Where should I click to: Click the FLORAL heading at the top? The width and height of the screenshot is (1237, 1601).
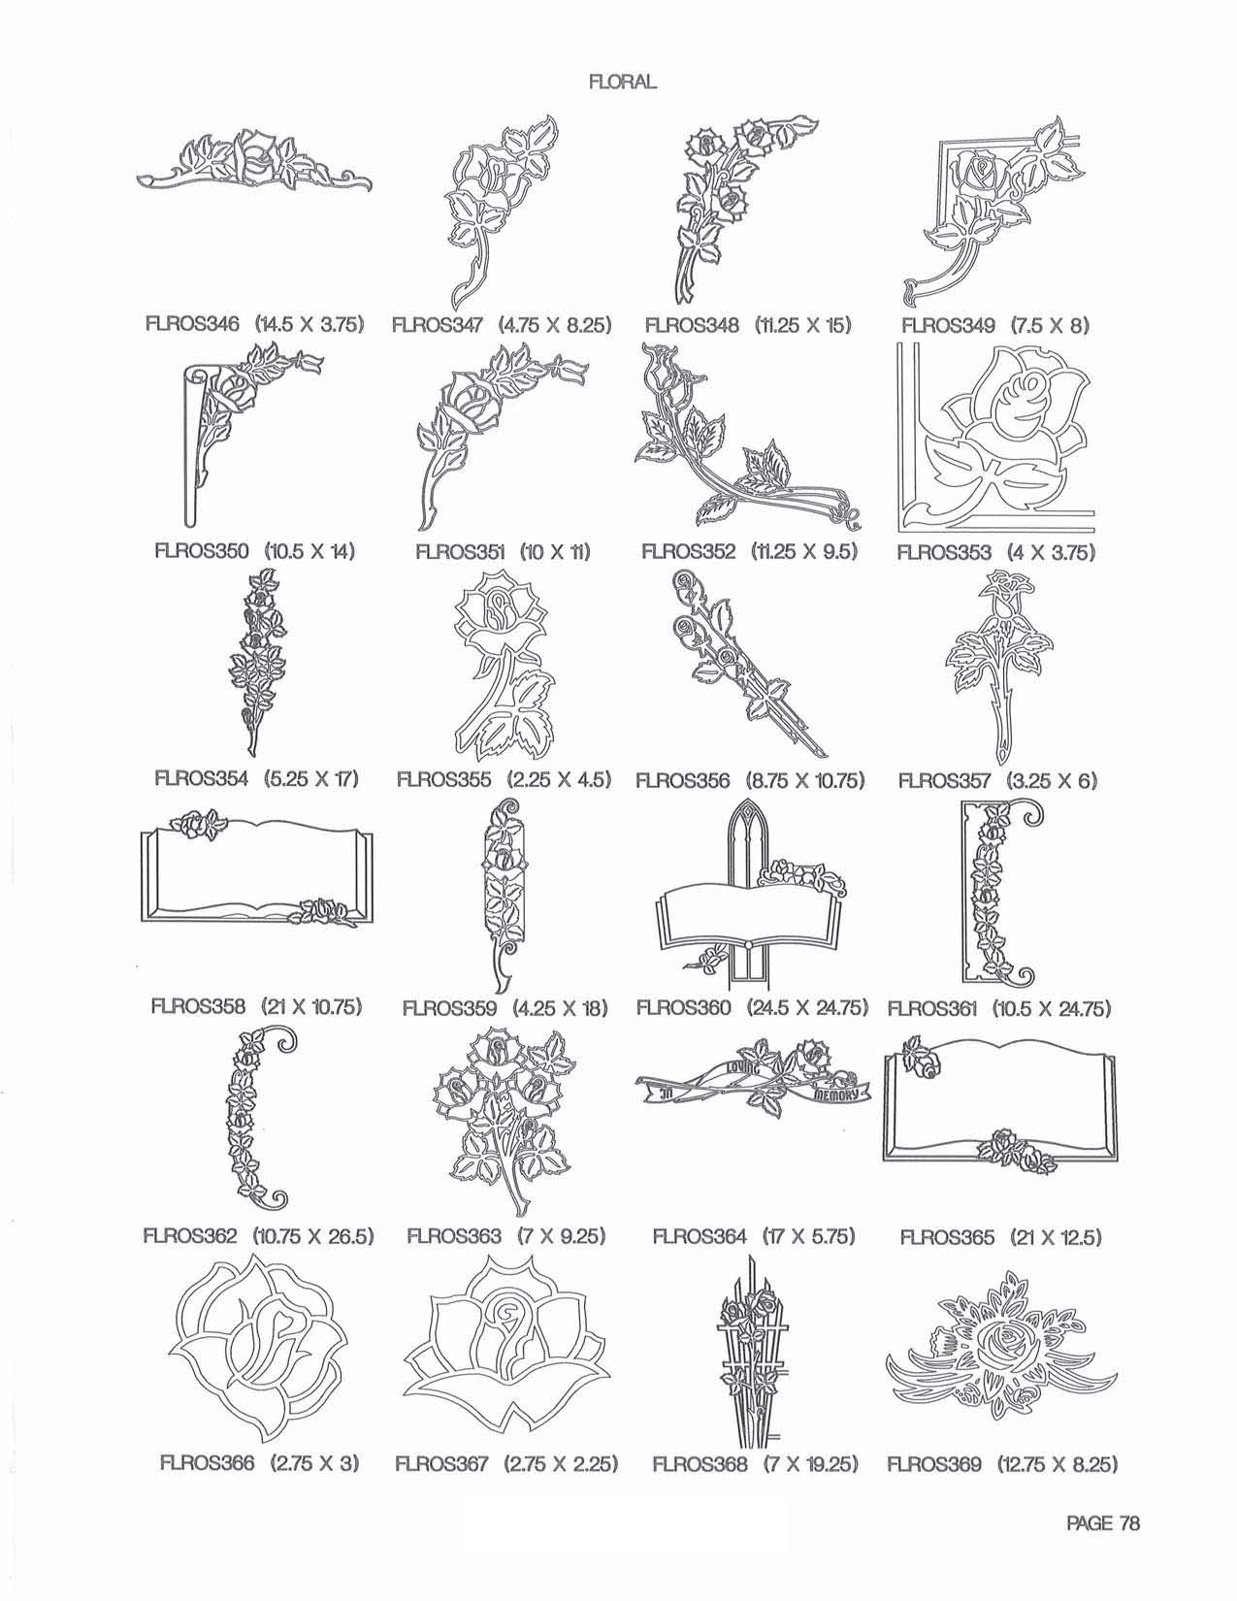tap(623, 82)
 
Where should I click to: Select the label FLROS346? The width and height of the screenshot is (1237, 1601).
tap(191, 324)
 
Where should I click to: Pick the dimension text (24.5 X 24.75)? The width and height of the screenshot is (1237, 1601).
tap(806, 1007)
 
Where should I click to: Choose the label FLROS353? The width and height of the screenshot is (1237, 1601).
tap(945, 552)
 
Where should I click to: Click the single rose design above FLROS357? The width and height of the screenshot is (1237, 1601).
tap(999, 669)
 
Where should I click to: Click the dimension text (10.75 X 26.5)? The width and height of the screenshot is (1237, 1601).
tap(313, 1235)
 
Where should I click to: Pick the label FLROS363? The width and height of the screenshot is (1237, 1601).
tap(454, 1235)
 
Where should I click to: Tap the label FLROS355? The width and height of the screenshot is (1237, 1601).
tap(443, 779)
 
